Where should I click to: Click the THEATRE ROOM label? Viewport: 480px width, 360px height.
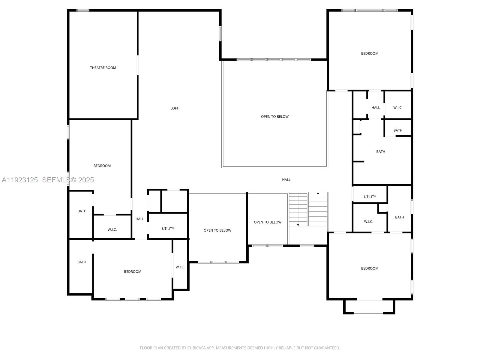click(103, 68)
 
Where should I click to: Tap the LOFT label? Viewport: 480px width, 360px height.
click(174, 108)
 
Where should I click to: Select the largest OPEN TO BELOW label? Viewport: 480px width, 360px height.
click(274, 117)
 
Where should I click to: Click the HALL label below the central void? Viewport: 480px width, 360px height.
click(286, 180)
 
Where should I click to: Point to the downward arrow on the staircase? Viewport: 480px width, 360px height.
click(298, 225)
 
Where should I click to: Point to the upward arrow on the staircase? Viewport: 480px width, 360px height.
click(318, 193)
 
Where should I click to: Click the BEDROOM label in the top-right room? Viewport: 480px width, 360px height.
click(370, 53)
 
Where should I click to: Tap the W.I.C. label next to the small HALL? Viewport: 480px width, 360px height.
click(397, 108)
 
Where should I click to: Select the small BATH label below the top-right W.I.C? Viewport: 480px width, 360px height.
click(397, 130)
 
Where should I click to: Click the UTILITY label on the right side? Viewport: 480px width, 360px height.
click(370, 197)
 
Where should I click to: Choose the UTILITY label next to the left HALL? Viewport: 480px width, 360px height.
click(168, 229)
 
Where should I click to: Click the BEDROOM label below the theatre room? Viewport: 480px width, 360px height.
click(102, 166)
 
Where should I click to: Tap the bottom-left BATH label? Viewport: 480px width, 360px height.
click(82, 262)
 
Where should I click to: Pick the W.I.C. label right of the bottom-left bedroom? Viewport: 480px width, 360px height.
click(180, 267)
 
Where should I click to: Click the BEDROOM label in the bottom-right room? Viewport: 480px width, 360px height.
click(370, 268)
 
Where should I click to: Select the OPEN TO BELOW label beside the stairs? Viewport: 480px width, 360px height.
click(268, 222)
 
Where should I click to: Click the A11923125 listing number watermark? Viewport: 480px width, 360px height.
click(20, 180)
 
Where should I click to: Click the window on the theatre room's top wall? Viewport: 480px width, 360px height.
click(83, 10)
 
